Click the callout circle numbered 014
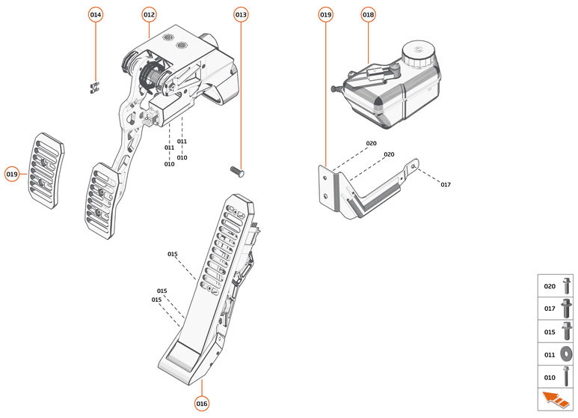tap(96, 15)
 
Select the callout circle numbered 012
tap(149, 15)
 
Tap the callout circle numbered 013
tap(241, 15)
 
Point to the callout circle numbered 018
tap(368, 15)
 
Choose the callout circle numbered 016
tap(202, 404)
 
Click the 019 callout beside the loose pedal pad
tap(12, 175)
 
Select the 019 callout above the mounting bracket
tap(325, 15)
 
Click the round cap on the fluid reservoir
tap(419, 53)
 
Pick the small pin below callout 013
tap(237, 172)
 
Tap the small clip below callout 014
tap(95, 88)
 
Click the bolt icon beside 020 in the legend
tap(566, 286)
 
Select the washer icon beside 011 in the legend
tap(566, 354)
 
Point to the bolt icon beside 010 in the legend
tap(566, 377)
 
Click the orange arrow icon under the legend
tap(556, 400)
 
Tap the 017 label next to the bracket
tap(446, 184)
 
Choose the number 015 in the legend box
tap(550, 332)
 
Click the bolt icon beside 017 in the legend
tap(566, 309)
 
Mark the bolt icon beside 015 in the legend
tap(567, 331)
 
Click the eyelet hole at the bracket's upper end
tap(414, 166)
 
